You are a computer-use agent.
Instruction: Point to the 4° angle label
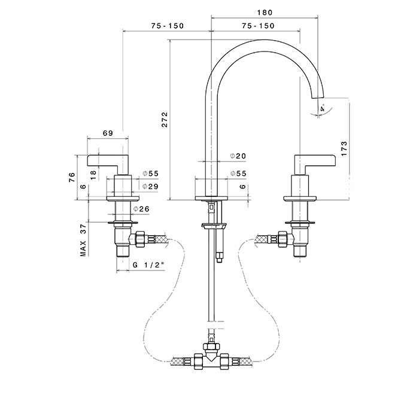point(323,109)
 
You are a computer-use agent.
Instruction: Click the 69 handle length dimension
point(108,133)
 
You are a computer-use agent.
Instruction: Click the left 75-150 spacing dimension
point(167,26)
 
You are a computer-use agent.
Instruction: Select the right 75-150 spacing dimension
point(258,26)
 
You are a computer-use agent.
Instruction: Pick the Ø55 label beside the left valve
point(150,174)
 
